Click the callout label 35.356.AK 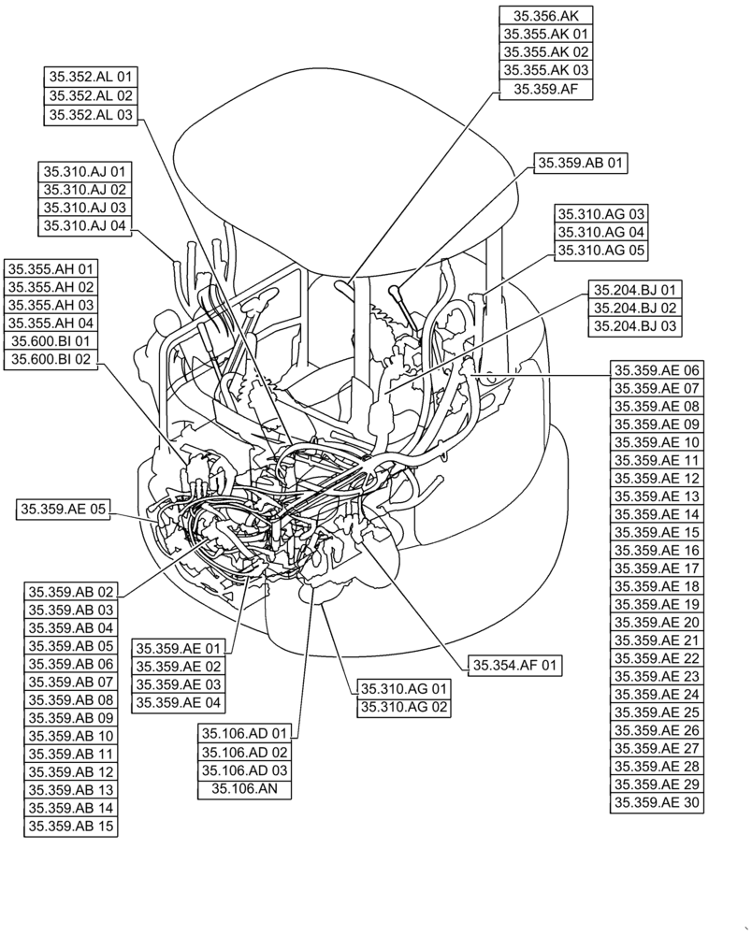(x=546, y=16)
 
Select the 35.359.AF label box (x=546, y=89)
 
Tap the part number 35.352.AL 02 (x=91, y=95)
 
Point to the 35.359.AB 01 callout (x=580, y=163)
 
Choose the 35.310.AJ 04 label (x=85, y=225)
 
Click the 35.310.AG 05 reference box (x=601, y=250)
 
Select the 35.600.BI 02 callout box (x=51, y=359)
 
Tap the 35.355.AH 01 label (x=51, y=269)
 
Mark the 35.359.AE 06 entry (x=657, y=370)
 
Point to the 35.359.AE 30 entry (x=657, y=802)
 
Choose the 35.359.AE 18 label (x=657, y=586)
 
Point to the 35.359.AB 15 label (x=71, y=826)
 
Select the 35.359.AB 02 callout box (x=71, y=591)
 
